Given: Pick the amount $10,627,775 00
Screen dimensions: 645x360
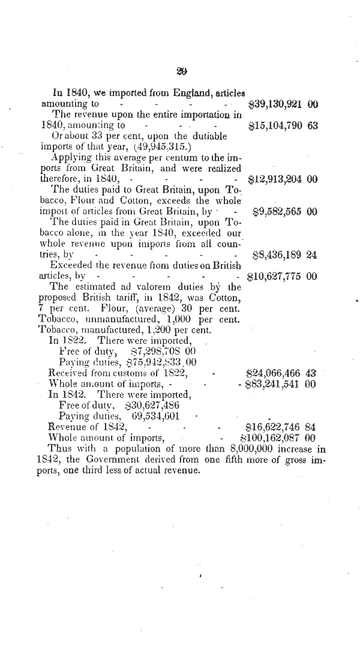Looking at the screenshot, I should pyautogui.click(x=282, y=277).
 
